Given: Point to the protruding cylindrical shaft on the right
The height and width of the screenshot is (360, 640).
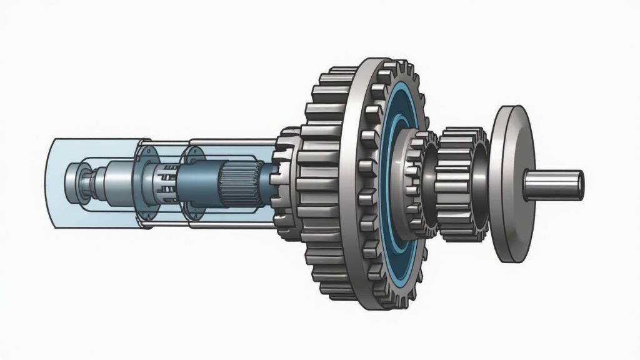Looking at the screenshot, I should pos(550,186).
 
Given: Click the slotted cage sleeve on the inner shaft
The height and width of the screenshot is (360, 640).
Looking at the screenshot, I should pos(164,179).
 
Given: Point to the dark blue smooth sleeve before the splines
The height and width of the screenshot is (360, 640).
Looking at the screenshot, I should pos(199,182).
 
